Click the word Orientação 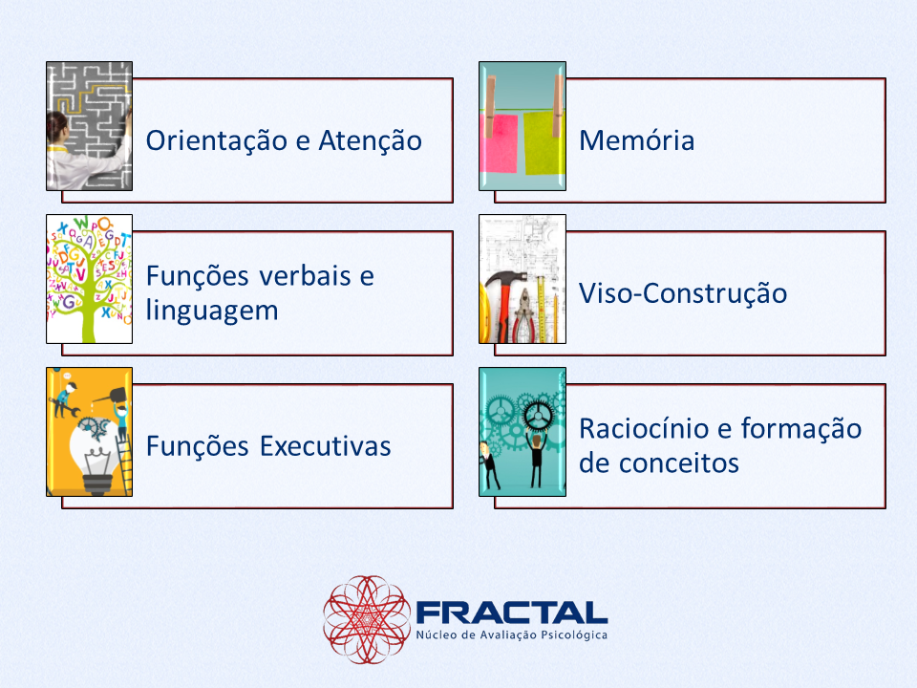click(x=217, y=141)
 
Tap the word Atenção click(x=370, y=141)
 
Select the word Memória click(x=636, y=140)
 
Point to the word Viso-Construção click(x=682, y=293)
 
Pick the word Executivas click(x=325, y=446)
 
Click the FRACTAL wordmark click(x=512, y=613)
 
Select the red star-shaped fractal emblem click(x=367, y=619)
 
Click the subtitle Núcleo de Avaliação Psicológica click(x=512, y=635)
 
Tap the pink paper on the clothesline click(x=499, y=143)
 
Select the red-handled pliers click(x=524, y=316)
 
